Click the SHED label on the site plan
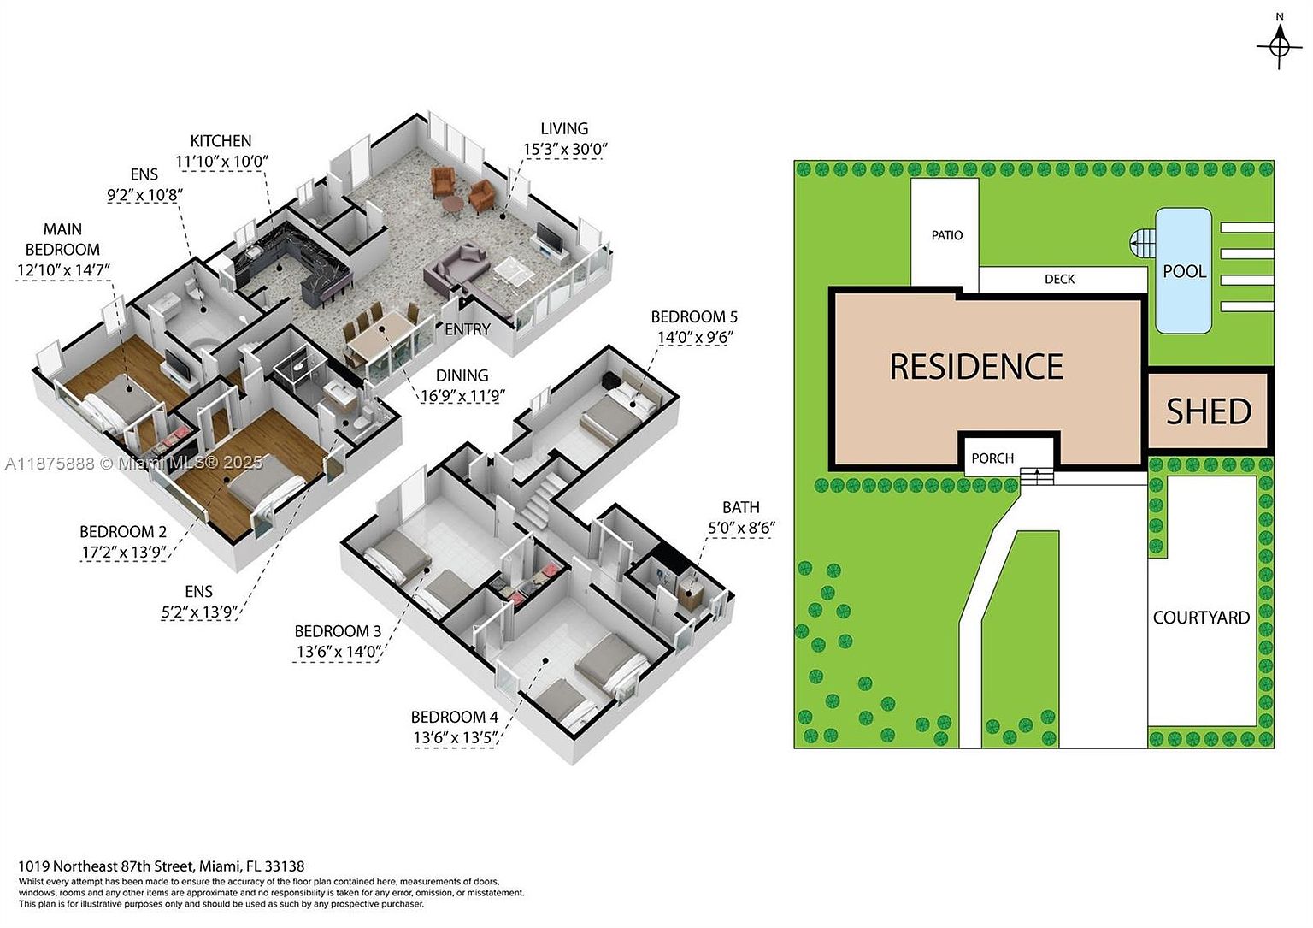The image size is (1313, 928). [x=1209, y=411]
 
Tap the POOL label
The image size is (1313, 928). [x=1184, y=271]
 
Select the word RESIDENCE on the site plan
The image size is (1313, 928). [x=976, y=367]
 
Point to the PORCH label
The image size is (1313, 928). [x=992, y=458]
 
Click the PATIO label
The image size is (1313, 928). [x=946, y=235]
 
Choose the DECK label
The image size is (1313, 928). [x=1059, y=279]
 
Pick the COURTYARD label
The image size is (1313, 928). [x=1201, y=618]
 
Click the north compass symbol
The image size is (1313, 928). [x=1279, y=45]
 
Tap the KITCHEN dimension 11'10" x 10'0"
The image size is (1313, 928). [x=221, y=162]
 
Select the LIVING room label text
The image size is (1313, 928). [x=564, y=128]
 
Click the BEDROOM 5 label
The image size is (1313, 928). [x=693, y=316]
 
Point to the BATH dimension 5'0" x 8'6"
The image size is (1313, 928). [x=740, y=528]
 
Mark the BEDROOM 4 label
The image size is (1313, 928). [x=454, y=717]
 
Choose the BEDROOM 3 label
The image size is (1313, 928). [x=338, y=631]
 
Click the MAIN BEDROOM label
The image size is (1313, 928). [x=62, y=239]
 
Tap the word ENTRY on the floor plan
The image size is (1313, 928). [x=467, y=329]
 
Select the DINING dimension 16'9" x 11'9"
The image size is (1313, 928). [x=462, y=396]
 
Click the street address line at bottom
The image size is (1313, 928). [x=161, y=866]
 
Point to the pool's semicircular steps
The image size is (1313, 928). [x=1140, y=244]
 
